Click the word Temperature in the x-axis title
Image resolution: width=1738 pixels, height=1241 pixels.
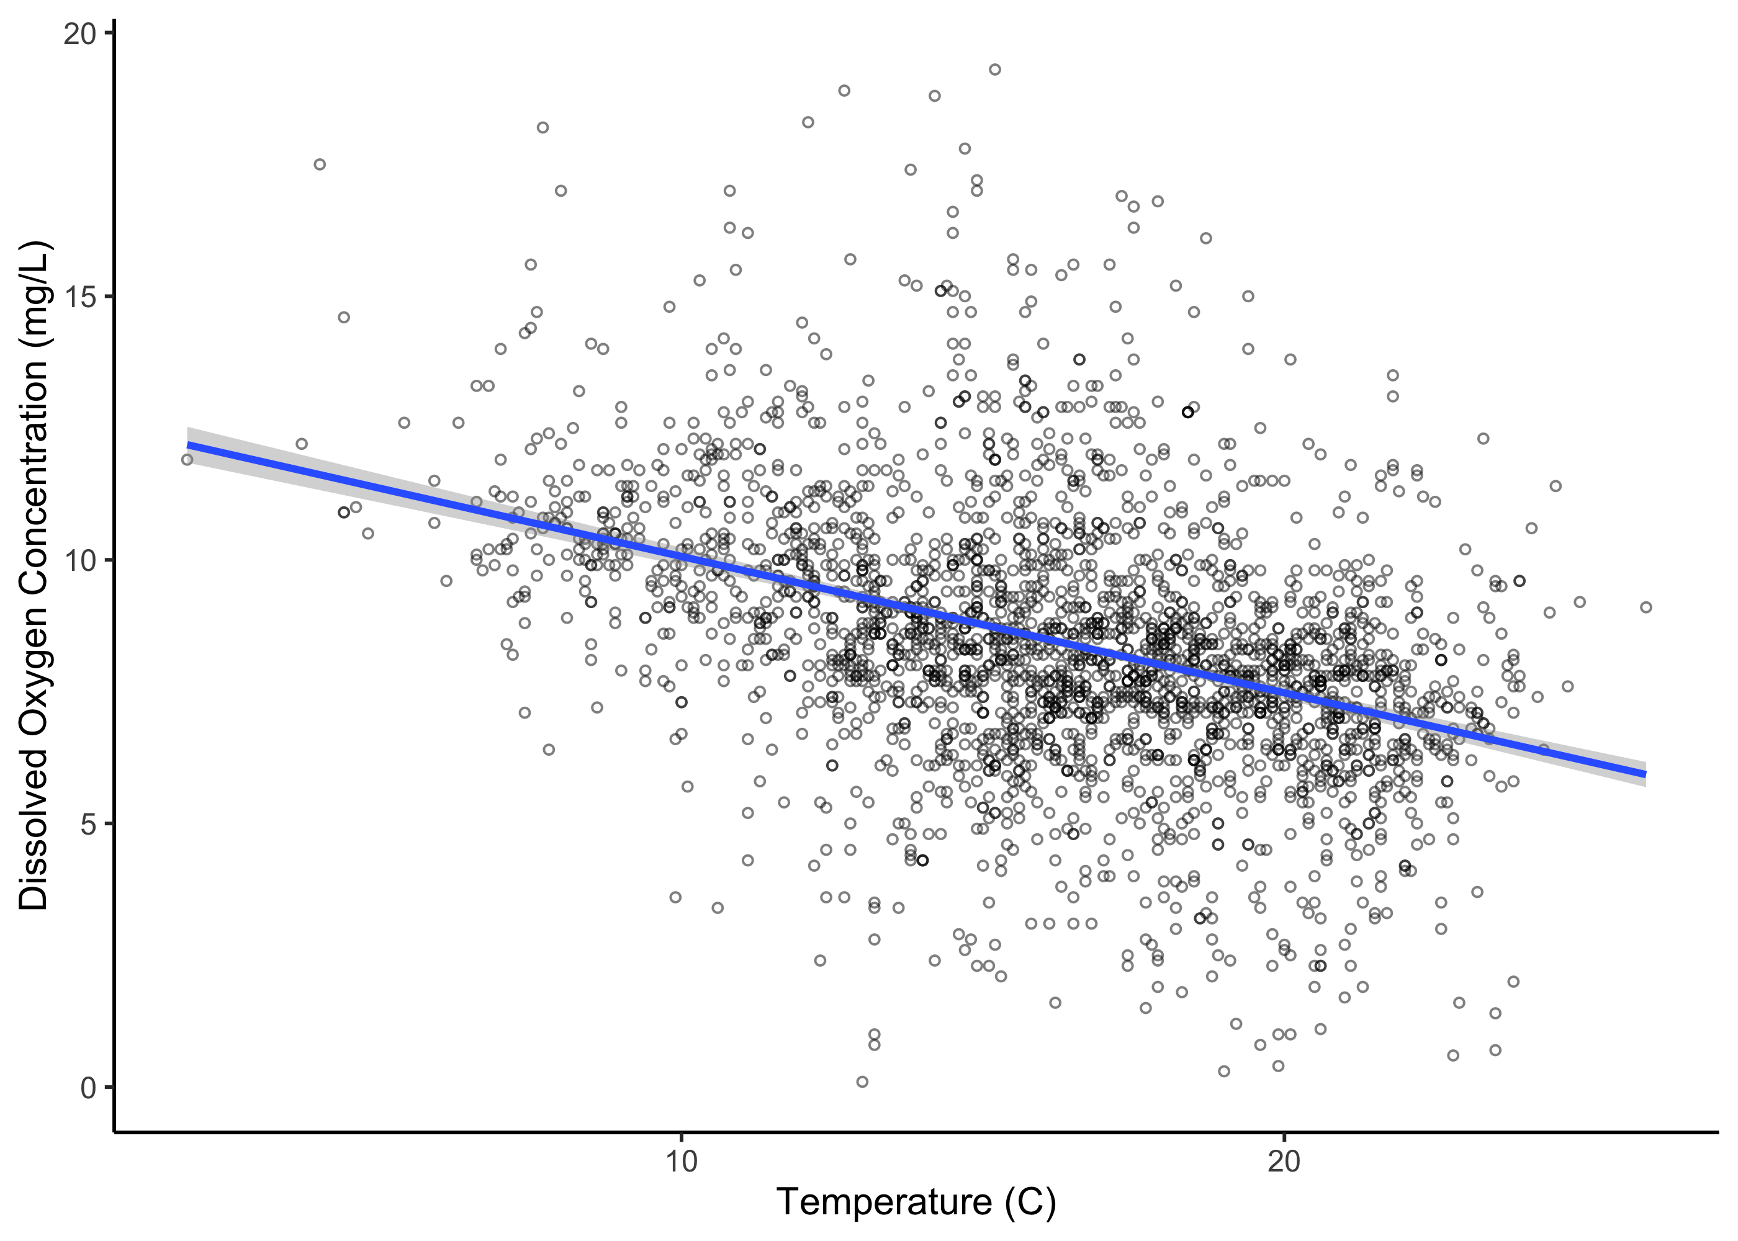point(883,1202)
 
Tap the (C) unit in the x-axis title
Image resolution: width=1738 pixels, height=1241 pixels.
point(1030,1202)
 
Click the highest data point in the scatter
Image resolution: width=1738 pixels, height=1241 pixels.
point(994,69)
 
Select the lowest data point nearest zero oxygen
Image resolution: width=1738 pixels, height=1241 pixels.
point(862,1082)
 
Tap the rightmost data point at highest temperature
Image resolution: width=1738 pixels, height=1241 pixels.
point(1646,607)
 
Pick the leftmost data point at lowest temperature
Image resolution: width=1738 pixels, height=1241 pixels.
point(187,459)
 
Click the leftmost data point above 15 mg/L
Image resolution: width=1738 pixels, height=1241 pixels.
point(320,164)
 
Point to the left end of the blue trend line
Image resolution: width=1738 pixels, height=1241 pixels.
point(189,446)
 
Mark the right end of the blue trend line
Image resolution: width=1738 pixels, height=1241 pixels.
point(1644,774)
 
